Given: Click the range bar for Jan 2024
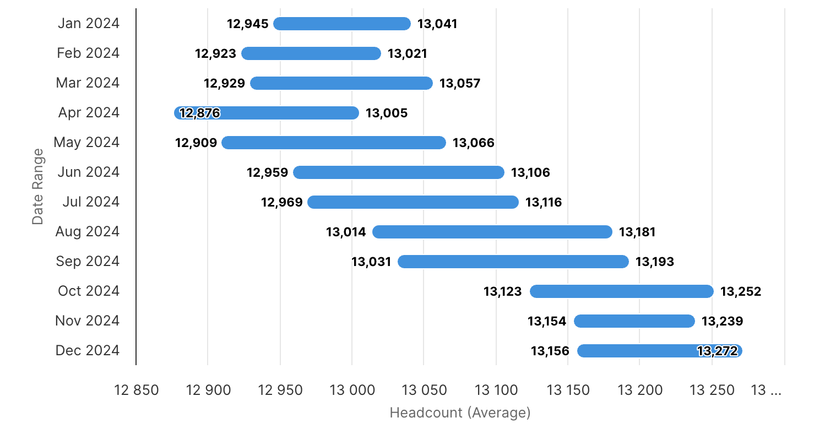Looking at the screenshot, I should point(342,24).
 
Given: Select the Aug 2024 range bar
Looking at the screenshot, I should point(492,232).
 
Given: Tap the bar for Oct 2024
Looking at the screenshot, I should point(621,291).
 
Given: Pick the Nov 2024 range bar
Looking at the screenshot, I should point(634,321).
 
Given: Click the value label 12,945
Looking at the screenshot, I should point(248,24).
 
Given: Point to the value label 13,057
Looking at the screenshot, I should point(460,84).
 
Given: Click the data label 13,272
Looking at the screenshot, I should point(717,351).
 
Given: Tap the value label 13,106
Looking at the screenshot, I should point(530,173).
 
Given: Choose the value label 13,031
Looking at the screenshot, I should point(371,262).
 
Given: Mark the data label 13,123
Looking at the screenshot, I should point(503,292).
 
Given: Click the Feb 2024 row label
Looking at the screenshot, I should point(88,53).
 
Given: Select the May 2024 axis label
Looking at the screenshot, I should point(86,143).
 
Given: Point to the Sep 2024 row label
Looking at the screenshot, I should point(88,262).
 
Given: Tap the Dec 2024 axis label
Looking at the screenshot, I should point(88,351).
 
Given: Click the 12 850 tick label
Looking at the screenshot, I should point(137,390).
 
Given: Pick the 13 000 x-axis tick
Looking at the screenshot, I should point(352,390).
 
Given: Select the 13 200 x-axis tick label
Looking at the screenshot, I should point(640,390).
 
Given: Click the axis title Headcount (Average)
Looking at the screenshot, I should point(460,413).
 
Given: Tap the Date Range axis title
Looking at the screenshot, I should point(37,186).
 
